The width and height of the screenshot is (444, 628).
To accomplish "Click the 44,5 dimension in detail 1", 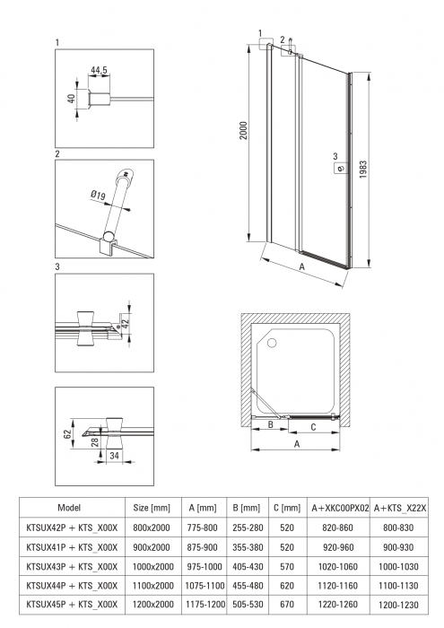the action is tap(99, 70).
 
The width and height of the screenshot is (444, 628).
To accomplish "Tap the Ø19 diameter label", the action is tap(98, 195).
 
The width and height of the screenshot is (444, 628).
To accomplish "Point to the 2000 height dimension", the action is tap(243, 131).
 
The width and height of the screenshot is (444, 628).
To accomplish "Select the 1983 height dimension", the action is tap(362, 170).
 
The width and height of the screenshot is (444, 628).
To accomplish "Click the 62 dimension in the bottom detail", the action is tap(67, 433).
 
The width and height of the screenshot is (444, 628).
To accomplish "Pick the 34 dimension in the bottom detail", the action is tap(114, 456).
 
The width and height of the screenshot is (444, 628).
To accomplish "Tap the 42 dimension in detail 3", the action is tap(125, 324).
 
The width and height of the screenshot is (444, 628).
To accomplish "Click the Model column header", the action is tap(69, 508).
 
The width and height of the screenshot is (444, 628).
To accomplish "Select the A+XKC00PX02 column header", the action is tap(340, 508).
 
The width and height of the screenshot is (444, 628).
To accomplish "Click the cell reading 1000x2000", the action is tap(153, 566).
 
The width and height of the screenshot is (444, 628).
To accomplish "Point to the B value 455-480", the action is tap(248, 586).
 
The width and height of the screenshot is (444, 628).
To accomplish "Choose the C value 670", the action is tap(287, 604).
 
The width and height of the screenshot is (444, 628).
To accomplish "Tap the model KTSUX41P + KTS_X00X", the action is tap(72, 547).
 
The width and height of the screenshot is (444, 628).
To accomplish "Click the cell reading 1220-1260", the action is tap(338, 604).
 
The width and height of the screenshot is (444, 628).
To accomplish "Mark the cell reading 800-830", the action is tap(398, 528).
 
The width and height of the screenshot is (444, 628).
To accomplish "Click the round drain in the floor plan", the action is tap(273, 343).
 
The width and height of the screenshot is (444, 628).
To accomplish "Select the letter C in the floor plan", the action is tap(313, 427).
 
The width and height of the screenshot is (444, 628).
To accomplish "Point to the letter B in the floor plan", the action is tap(271, 424).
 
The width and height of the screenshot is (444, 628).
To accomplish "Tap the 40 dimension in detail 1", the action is tap(72, 98).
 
